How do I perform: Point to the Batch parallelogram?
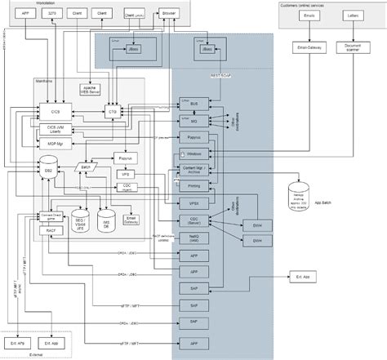click(87, 167)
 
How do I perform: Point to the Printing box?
click(193, 185)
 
